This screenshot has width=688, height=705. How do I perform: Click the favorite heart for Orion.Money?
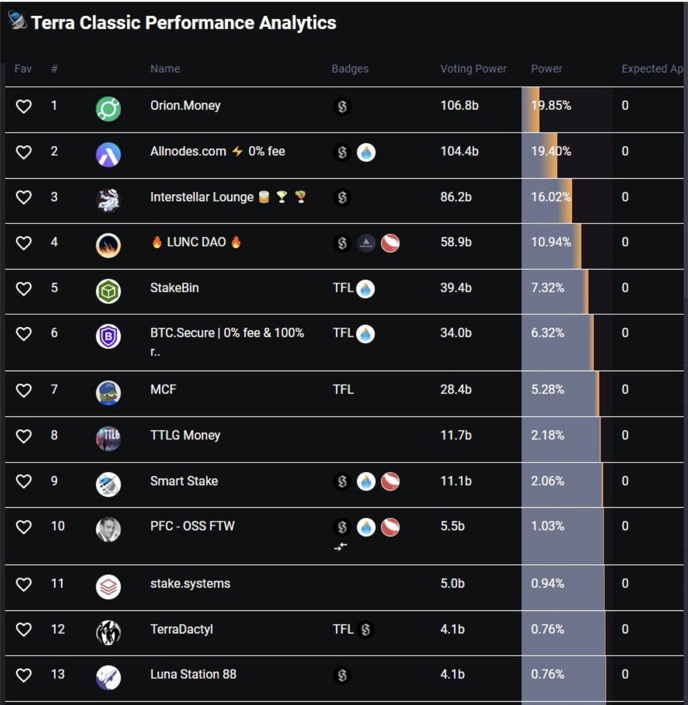click(x=24, y=106)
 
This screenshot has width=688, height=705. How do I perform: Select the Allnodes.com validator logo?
click(x=108, y=155)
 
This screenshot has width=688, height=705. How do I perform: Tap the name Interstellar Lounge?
click(x=202, y=197)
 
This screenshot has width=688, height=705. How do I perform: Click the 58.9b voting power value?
click(x=456, y=242)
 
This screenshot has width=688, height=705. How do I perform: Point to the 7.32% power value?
click(x=548, y=288)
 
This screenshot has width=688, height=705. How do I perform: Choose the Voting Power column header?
click(x=473, y=69)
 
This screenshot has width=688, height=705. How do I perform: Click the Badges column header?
click(x=350, y=69)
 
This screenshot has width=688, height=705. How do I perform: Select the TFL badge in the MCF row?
click(x=343, y=390)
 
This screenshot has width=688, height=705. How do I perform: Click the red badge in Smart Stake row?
click(x=390, y=482)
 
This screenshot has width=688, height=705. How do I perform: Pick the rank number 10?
click(x=58, y=526)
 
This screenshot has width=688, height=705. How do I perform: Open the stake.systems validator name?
click(x=190, y=583)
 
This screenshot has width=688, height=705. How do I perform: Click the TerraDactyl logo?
click(x=108, y=632)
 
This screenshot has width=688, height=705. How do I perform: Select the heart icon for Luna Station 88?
click(x=24, y=676)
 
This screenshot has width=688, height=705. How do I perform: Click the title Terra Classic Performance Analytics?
click(x=183, y=23)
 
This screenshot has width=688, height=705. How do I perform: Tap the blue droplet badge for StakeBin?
click(x=365, y=289)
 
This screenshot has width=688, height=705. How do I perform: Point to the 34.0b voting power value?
click(x=456, y=333)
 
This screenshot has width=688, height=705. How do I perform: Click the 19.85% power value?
click(x=551, y=106)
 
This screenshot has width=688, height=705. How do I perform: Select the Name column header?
click(x=165, y=69)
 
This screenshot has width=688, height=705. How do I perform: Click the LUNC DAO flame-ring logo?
click(x=108, y=245)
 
